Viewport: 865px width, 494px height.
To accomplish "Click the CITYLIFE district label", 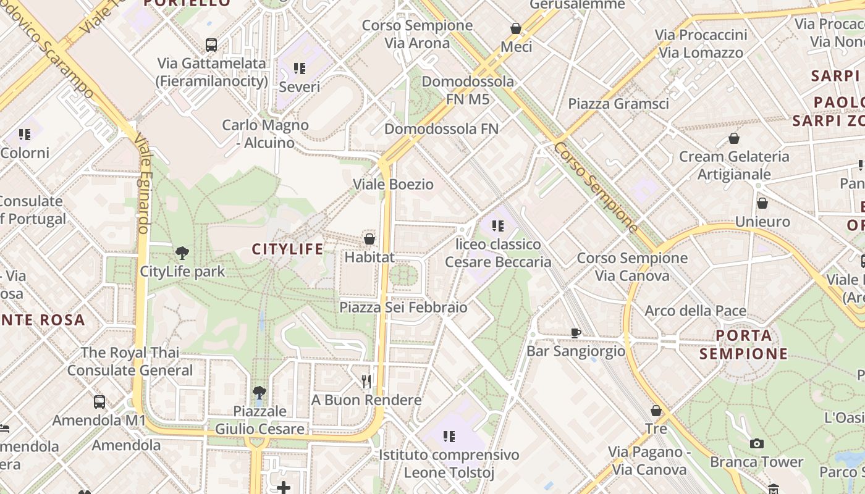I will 287,249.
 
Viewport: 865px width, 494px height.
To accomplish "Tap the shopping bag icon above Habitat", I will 369,239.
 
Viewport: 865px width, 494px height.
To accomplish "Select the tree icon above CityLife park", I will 182,253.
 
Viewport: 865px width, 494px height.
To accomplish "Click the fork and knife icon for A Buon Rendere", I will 367,382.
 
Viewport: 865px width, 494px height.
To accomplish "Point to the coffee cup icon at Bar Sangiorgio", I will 576,333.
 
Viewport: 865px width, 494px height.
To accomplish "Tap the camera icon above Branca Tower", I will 756,443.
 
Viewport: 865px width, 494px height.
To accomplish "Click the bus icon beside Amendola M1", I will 99,402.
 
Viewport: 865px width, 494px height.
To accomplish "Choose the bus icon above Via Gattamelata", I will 211,44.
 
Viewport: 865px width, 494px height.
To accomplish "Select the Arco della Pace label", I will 696,311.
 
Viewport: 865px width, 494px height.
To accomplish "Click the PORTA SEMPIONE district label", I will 744,345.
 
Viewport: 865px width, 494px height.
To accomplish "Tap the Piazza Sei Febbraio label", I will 403,307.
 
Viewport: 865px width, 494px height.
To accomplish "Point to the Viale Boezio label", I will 393,184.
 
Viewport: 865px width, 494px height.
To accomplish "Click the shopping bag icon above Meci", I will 516,28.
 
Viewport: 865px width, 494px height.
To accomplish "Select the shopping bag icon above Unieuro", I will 762,203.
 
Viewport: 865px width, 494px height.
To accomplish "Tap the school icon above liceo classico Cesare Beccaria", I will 498,226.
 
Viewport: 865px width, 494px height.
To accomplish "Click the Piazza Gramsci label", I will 618,103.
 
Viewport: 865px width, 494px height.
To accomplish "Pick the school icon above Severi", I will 300,69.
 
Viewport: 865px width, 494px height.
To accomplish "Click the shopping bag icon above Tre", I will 656,411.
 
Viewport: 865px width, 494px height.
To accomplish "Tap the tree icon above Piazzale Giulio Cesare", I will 259,393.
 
